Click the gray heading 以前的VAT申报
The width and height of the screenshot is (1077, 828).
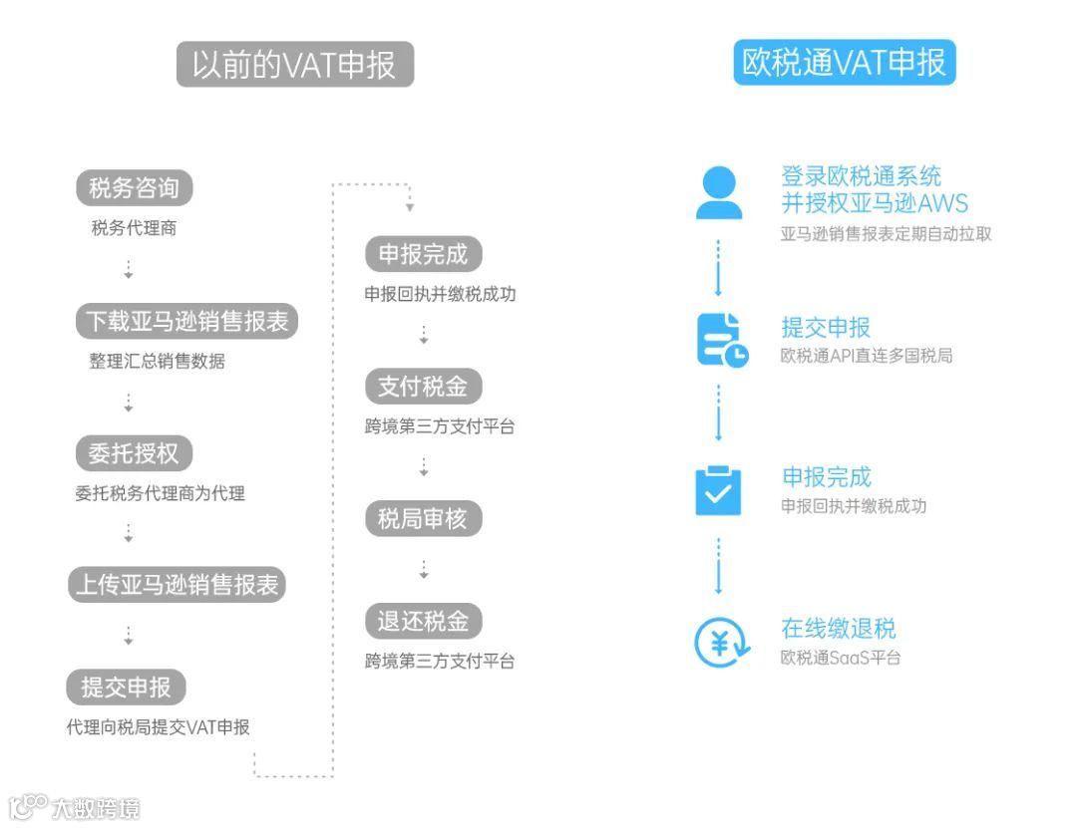click(x=294, y=64)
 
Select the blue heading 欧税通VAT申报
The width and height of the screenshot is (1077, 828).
click(x=844, y=62)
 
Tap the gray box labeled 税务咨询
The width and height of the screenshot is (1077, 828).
click(x=134, y=187)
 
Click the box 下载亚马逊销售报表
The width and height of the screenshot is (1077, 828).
click(x=186, y=321)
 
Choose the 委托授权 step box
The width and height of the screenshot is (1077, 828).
click(x=134, y=453)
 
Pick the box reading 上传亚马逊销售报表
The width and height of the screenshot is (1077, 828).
click(x=177, y=584)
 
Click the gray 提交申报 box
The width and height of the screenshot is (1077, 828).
click(x=126, y=687)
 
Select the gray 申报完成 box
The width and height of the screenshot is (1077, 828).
click(x=423, y=254)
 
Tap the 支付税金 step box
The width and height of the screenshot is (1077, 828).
click(x=423, y=386)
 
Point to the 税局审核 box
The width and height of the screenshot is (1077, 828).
click(x=423, y=519)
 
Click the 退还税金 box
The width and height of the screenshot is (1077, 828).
click(x=423, y=621)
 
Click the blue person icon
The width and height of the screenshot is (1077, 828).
click(x=719, y=192)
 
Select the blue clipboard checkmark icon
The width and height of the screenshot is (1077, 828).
click(x=718, y=489)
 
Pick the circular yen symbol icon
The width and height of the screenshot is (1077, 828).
click(x=720, y=643)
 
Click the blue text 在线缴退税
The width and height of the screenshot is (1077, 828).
click(x=838, y=629)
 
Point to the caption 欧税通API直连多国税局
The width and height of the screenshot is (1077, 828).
click(x=866, y=356)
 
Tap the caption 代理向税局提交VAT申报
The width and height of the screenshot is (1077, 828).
click(x=158, y=727)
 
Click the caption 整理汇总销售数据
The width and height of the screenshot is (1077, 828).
click(x=157, y=361)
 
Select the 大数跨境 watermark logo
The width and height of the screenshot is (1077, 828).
click(x=75, y=806)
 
